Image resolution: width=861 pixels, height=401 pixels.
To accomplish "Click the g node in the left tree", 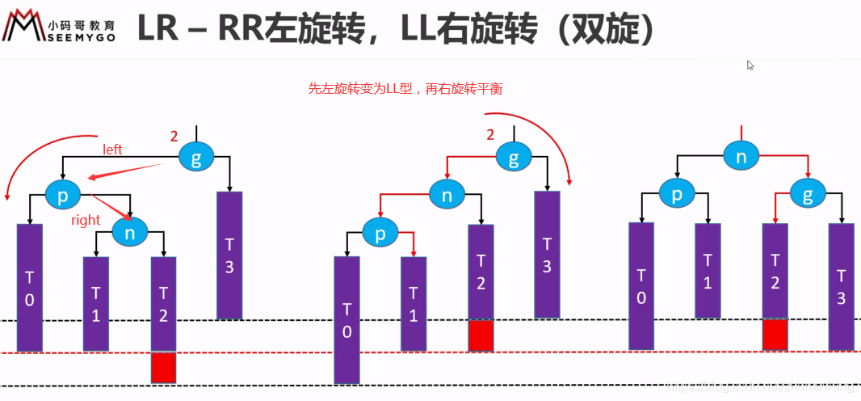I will pos(196,156).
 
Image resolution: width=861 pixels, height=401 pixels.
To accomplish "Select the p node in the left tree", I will pos(64,195).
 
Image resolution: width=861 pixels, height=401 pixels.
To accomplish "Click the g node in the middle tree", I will pos(514,156).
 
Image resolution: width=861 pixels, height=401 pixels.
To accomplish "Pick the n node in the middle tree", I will pos(447,194).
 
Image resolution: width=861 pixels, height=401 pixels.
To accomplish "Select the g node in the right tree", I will pos(808,194).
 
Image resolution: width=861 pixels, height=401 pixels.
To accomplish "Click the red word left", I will pos(112,150).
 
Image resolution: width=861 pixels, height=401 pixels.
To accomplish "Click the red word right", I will pos(86,220).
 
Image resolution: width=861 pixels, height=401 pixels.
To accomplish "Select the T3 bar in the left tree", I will pos(229,255).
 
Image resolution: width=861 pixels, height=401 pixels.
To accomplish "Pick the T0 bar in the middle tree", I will pos(347,319).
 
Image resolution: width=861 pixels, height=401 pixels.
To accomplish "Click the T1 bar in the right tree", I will pos(708,271).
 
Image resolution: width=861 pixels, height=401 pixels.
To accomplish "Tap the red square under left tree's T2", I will pos(163,368).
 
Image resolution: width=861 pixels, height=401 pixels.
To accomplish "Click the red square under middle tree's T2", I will pos(481,336).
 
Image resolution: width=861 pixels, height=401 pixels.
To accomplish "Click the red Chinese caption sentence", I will pos(405,89).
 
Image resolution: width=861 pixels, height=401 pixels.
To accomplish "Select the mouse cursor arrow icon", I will pos(750,65).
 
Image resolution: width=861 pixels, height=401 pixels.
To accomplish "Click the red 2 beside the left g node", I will pos(174,137).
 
